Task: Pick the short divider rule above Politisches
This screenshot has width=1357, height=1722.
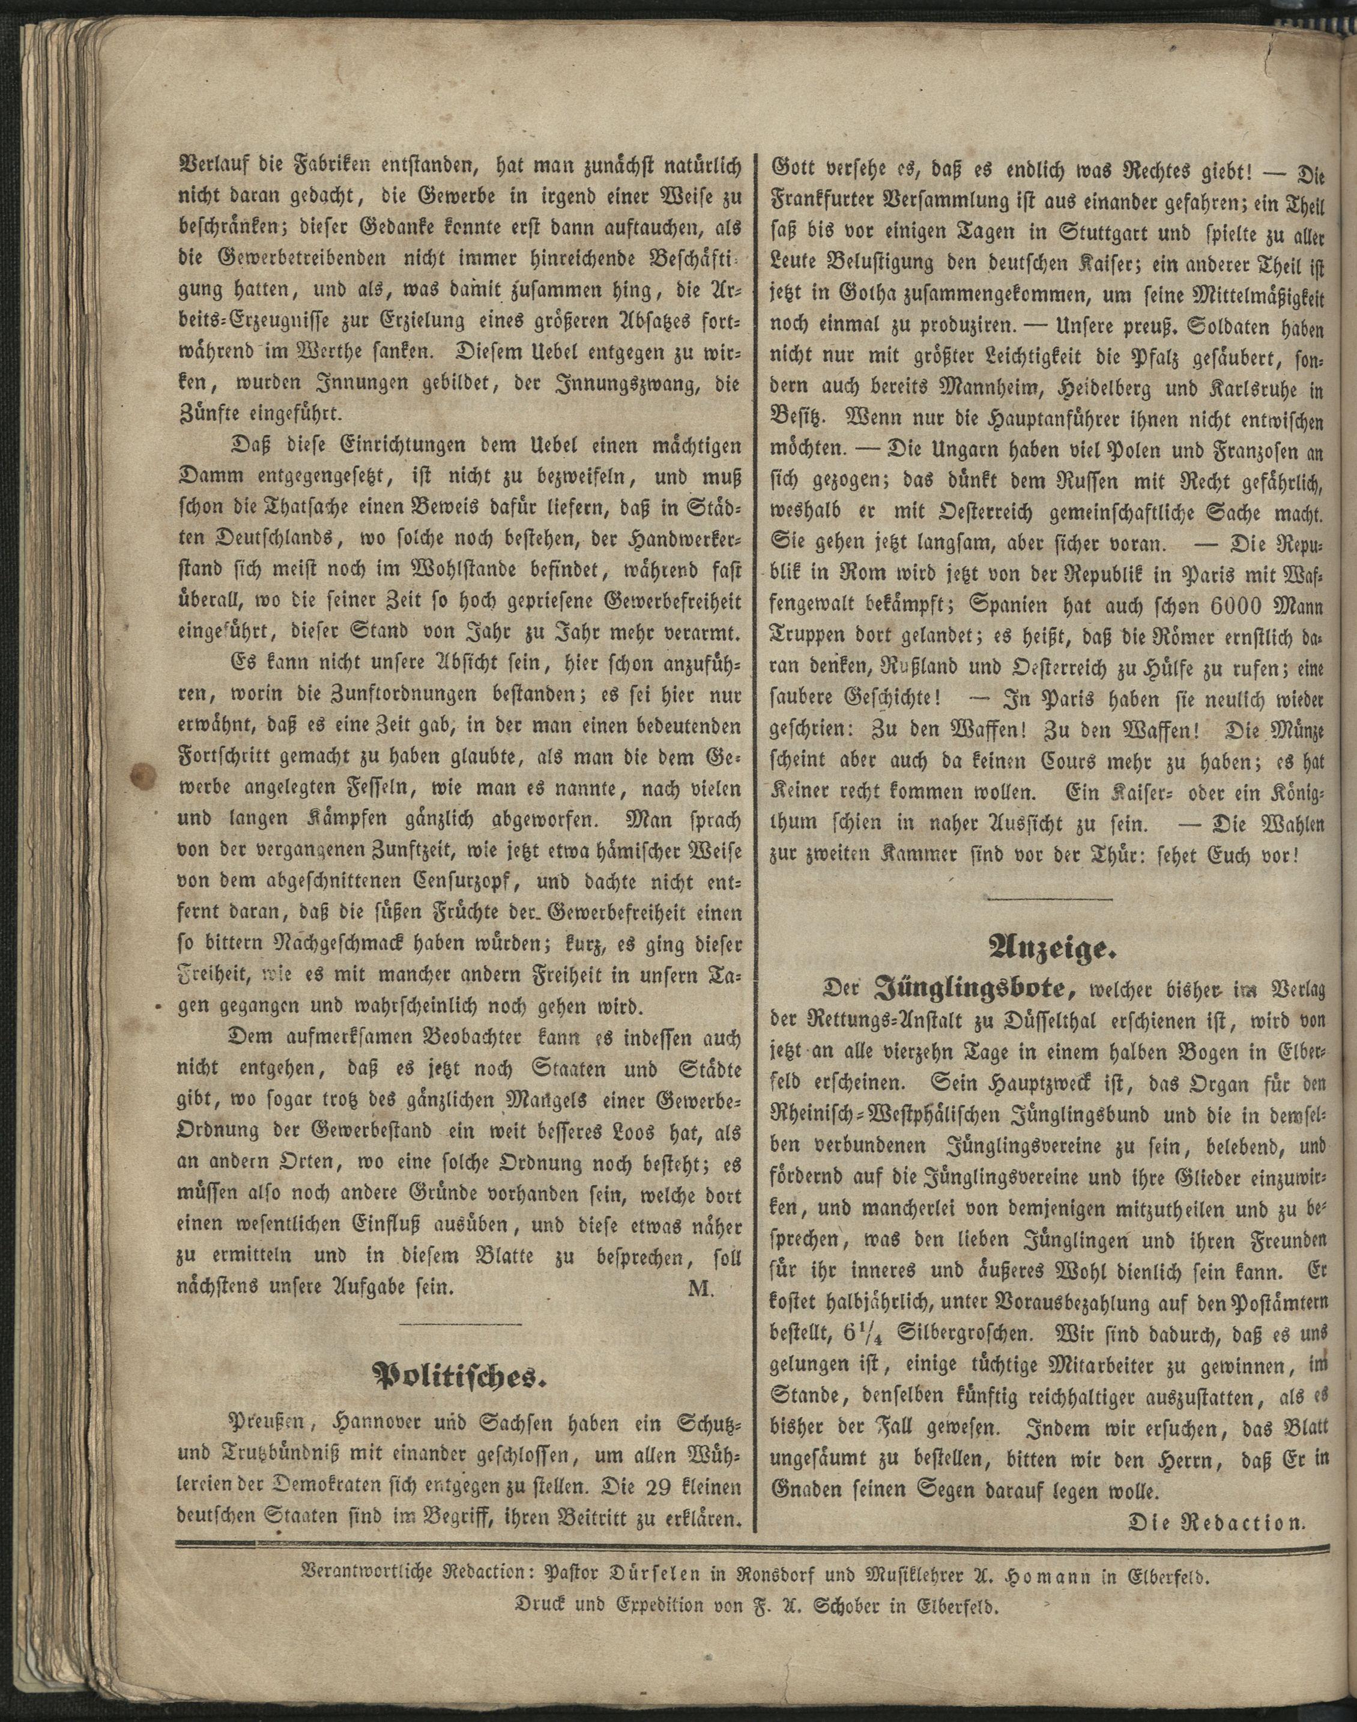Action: (x=460, y=1323)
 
